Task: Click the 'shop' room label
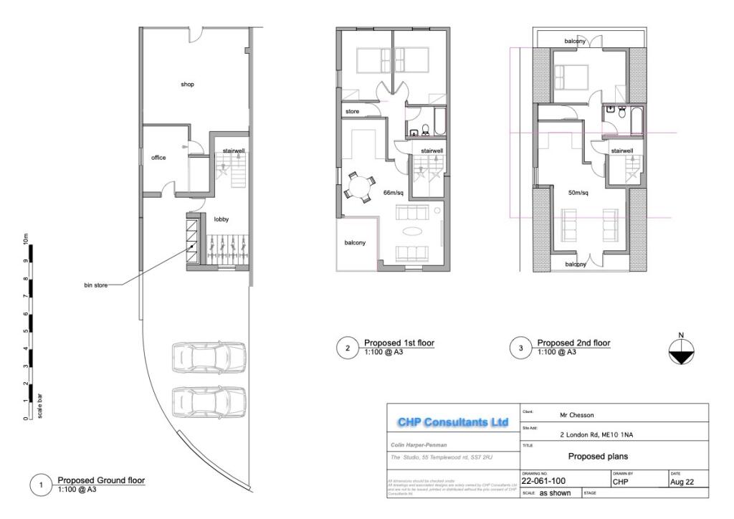(187, 85)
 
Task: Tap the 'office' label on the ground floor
(158, 158)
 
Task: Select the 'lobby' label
(221, 219)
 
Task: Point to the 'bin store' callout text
(95, 285)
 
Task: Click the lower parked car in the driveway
(209, 403)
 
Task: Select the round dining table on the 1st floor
(357, 188)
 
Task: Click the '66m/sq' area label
(394, 194)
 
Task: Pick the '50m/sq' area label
(578, 194)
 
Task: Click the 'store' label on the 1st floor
(352, 112)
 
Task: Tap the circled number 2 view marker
(347, 349)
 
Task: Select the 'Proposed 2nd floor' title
(573, 343)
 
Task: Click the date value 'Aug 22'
(682, 482)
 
